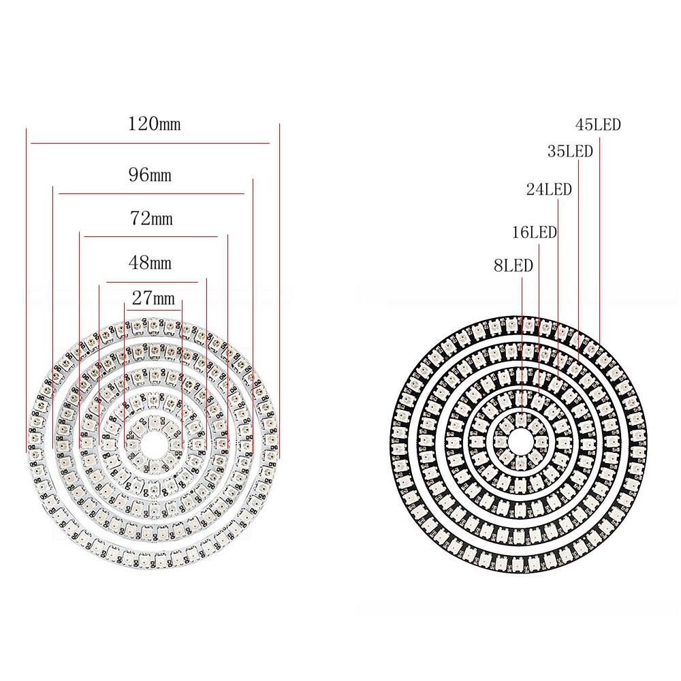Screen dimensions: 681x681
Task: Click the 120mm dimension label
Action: [x=154, y=124]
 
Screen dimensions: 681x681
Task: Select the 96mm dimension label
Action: [x=151, y=175]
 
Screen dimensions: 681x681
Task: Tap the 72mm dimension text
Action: [x=152, y=219]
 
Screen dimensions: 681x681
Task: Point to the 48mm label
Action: [x=151, y=263]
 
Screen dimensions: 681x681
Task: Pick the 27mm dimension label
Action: [x=153, y=298]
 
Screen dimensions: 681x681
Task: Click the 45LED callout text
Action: [x=598, y=125]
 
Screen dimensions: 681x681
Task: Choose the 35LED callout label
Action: [x=570, y=151]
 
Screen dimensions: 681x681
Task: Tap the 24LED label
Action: [x=549, y=189]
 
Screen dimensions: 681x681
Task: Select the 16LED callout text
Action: [x=534, y=232]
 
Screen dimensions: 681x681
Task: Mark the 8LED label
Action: [x=513, y=266]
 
